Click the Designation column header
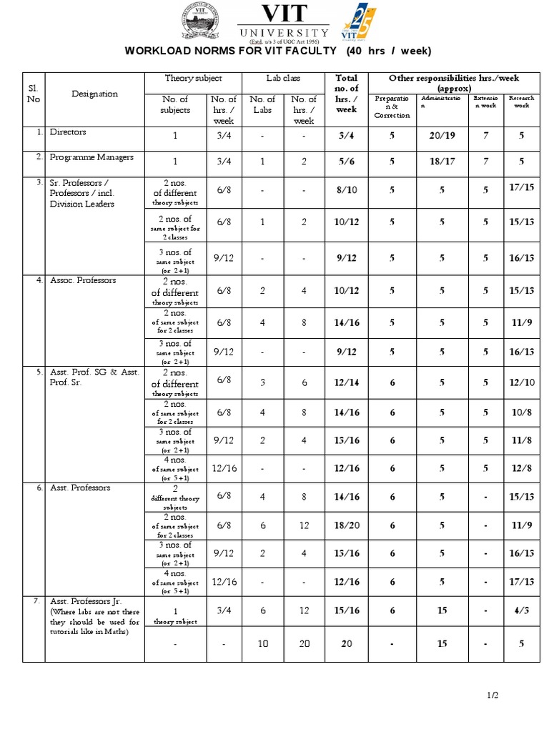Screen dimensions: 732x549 click(95, 94)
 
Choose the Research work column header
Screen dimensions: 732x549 click(522, 102)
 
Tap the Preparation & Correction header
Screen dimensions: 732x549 click(392, 106)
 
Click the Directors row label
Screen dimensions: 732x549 click(68, 132)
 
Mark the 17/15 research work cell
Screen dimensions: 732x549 click(522, 187)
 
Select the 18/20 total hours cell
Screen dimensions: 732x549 click(347, 525)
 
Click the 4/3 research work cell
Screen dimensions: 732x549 click(522, 610)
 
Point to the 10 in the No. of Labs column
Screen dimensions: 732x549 click(263, 643)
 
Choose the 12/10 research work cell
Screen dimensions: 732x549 click(522, 382)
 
